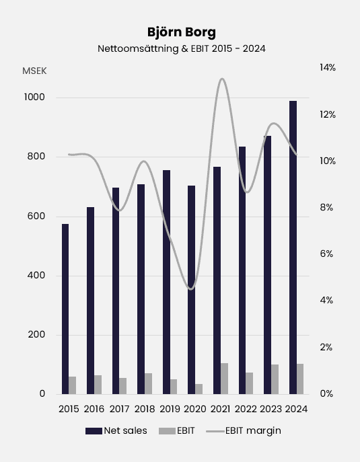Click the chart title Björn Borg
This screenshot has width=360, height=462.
[x=180, y=32]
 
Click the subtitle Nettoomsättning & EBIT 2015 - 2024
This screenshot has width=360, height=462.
[x=180, y=48]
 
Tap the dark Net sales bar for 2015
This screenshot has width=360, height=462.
[x=65, y=309]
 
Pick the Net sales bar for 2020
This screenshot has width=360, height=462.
[x=191, y=289]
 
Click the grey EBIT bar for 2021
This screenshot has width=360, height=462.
[x=224, y=379]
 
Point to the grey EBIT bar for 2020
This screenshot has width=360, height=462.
[x=199, y=389]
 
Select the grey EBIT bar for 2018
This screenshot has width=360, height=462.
[x=148, y=383]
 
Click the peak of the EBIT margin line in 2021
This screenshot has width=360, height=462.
[x=221, y=79]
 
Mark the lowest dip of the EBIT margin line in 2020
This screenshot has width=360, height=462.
[x=191, y=289]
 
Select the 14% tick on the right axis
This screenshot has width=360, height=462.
[x=328, y=68]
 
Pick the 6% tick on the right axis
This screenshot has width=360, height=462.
[x=326, y=254]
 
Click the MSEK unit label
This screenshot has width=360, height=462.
[x=34, y=71]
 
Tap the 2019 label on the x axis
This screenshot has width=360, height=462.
[x=170, y=408]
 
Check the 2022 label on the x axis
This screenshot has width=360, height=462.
[x=246, y=408]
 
